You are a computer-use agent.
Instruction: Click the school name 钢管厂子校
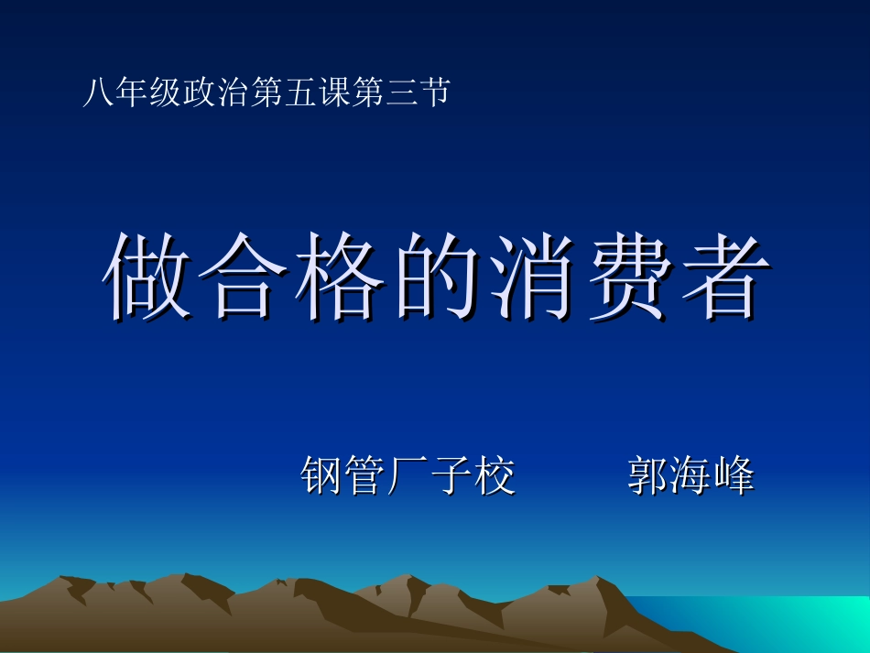pyautogui.click(x=408, y=476)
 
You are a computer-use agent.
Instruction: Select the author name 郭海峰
pyautogui.click(x=691, y=476)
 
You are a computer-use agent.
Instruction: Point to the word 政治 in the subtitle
pyautogui.click(x=216, y=93)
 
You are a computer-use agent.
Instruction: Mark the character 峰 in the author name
pyautogui.click(x=734, y=476)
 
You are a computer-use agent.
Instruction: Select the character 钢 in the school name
pyautogui.click(x=322, y=476)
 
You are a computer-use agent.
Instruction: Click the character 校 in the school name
pyautogui.click(x=495, y=476)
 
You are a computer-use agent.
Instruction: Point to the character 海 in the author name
pyautogui.click(x=691, y=476)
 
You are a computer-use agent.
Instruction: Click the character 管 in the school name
pyautogui.click(x=365, y=476)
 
